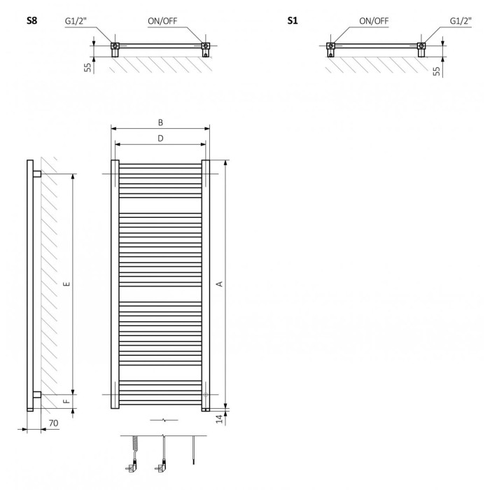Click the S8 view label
click(32, 20)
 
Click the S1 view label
click(293, 20)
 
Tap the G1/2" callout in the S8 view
click(76, 21)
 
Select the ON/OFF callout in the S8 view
click(162, 21)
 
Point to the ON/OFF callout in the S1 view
click(374, 21)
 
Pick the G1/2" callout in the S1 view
click(461, 21)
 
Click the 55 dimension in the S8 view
click(88, 67)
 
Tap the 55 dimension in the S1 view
click(437, 71)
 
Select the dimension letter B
click(160, 122)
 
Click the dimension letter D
click(160, 139)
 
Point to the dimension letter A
click(220, 283)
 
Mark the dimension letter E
click(66, 283)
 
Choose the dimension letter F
click(66, 401)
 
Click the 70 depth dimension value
click(53, 423)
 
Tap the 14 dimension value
click(220, 419)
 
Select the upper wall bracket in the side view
click(37, 174)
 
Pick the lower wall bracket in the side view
click(37, 395)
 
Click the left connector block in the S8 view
click(115, 50)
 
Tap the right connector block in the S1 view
click(421, 50)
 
